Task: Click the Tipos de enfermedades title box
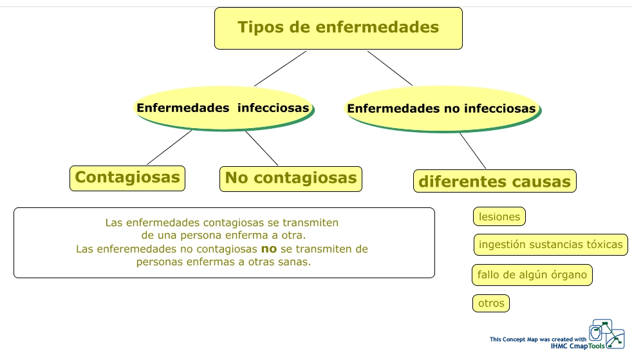[x=338, y=28]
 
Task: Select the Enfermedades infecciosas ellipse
[x=223, y=108]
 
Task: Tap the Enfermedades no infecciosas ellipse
[x=441, y=109]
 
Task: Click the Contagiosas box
[x=127, y=178]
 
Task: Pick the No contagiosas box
[x=291, y=178]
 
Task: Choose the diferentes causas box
[x=494, y=182]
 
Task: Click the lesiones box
[x=499, y=217]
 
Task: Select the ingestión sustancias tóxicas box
[x=551, y=245]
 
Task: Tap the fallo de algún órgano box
[x=532, y=275]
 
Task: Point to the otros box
[x=491, y=303]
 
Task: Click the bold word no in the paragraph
[x=268, y=249]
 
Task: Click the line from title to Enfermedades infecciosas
[x=280, y=68]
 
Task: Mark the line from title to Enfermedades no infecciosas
[x=390, y=68]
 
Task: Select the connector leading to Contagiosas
[x=169, y=147]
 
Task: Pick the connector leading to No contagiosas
[x=261, y=147]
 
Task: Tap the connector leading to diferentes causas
[x=472, y=150]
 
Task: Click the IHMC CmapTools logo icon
[x=607, y=334]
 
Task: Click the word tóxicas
[x=604, y=245]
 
